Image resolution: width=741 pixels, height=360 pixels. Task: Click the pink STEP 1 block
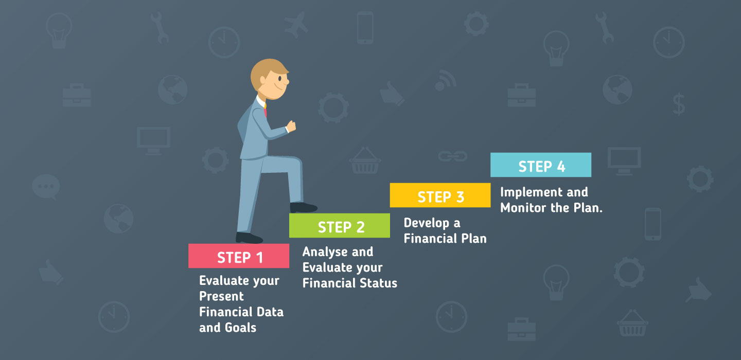[239, 256]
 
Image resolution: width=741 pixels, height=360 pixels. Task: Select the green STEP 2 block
[340, 225]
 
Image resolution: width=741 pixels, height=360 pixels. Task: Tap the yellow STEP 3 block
[440, 195]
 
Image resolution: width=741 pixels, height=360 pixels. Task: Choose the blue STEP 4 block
[541, 165]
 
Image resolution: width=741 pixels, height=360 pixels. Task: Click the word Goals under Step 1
[240, 328]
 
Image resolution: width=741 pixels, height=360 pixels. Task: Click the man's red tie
[265, 110]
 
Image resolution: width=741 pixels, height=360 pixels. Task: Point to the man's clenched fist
[291, 126]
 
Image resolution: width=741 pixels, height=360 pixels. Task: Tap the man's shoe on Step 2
[304, 208]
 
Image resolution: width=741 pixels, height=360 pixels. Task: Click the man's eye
[280, 79]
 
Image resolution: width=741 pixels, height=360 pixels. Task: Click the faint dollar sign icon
[678, 104]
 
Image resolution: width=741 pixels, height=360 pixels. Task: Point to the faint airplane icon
[296, 25]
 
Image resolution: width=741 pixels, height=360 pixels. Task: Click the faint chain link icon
[452, 156]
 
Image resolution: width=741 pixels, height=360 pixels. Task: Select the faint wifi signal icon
[445, 80]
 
